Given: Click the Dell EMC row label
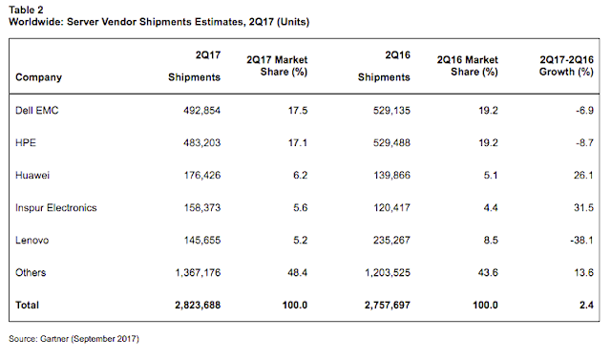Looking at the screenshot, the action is [37, 110].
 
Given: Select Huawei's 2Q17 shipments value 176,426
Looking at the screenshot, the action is [202, 176].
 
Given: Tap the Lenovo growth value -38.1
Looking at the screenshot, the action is [581, 240].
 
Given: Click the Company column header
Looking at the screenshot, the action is [38, 77].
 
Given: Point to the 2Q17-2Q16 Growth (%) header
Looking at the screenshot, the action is [566, 66].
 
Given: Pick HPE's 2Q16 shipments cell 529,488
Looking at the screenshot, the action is [391, 142].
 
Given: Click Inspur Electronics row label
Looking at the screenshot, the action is [56, 207].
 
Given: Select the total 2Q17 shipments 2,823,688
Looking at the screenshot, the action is [198, 305].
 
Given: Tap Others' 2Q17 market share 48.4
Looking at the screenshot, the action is [297, 272].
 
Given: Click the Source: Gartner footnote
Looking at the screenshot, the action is [74, 339].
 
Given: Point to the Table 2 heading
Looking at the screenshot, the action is [26, 10].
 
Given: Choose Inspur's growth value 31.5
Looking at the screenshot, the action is [583, 207].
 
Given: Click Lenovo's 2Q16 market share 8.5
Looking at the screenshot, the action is [491, 240].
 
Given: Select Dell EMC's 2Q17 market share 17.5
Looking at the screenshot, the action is [298, 110].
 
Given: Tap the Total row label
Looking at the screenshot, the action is [27, 305].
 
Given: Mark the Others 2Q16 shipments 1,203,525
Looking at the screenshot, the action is [388, 272].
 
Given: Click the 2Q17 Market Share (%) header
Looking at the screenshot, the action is [277, 66].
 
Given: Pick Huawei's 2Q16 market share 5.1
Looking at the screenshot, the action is [491, 176].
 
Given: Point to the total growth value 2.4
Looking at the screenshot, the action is [586, 305].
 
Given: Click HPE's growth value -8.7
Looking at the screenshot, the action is [584, 142].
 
